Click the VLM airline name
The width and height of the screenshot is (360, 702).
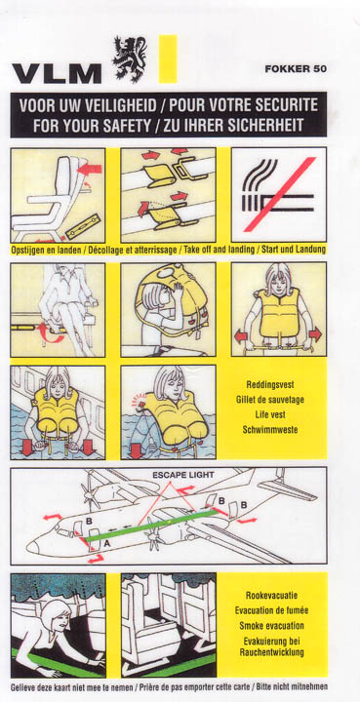(57, 74)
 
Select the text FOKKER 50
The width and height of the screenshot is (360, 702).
(296, 69)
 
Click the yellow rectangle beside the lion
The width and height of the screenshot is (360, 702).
(168, 58)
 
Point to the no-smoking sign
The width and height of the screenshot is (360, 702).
(279, 195)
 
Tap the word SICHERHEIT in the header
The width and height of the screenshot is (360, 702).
(263, 126)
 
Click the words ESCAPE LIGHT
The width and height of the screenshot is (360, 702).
(183, 475)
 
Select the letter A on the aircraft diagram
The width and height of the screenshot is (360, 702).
(107, 544)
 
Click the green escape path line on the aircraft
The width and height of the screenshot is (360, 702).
(150, 526)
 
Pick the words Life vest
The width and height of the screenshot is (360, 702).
(270, 414)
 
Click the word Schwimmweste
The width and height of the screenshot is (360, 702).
(270, 430)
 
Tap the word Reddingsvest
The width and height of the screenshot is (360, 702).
(270, 384)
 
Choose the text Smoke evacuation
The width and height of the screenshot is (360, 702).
(271, 625)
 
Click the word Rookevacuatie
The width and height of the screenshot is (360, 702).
(271, 596)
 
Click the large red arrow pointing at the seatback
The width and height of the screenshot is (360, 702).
(89, 170)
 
